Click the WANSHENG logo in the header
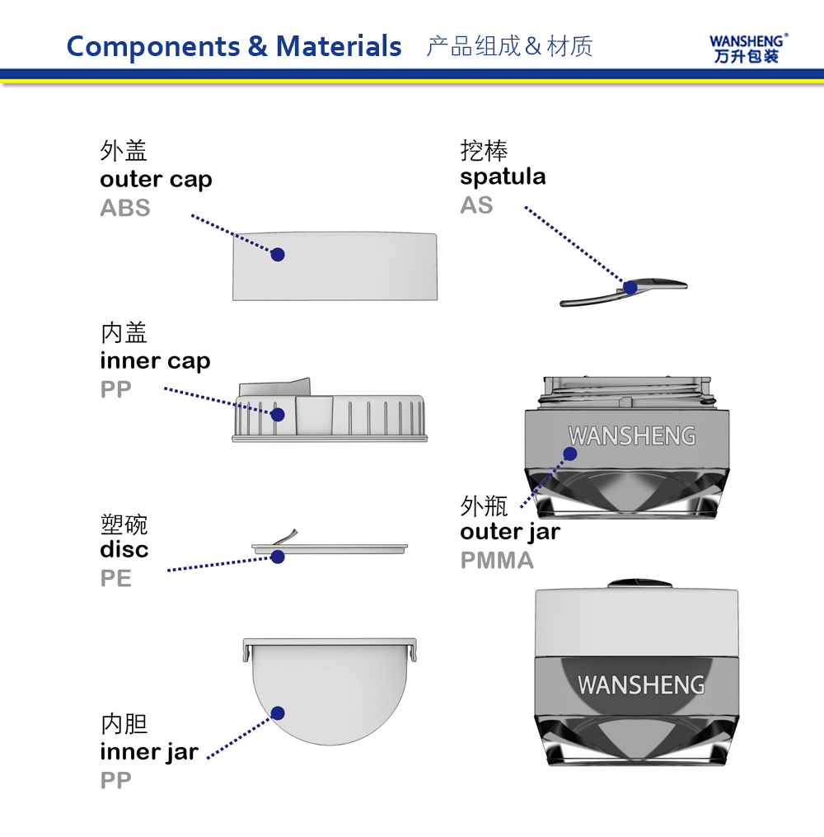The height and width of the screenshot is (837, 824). click(x=747, y=49)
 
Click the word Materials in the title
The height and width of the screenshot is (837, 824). click(x=338, y=46)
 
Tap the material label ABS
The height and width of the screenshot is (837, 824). click(x=125, y=208)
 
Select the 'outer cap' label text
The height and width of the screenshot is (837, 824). click(x=156, y=180)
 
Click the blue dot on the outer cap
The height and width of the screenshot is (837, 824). click(x=278, y=255)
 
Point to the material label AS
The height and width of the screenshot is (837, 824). click(x=476, y=205)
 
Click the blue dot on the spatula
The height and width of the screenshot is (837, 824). click(x=630, y=288)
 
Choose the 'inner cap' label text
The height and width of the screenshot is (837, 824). click(x=155, y=361)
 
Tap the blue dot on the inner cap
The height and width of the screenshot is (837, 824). click(x=278, y=414)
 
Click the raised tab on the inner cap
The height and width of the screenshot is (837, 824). click(x=275, y=388)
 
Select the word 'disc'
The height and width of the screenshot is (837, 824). click(x=124, y=549)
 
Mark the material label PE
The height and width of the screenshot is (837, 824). click(x=115, y=578)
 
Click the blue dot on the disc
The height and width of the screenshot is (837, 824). click(x=278, y=557)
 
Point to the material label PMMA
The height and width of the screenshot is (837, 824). click(x=497, y=560)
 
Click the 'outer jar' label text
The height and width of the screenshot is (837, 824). click(x=510, y=532)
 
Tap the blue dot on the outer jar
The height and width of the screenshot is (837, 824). click(x=570, y=454)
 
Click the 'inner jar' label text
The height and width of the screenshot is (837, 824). click(x=149, y=753)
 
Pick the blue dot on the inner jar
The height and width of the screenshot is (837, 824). click(x=278, y=713)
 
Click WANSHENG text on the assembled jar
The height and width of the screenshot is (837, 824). click(x=641, y=685)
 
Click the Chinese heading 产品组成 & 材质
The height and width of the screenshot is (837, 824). click(x=509, y=46)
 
